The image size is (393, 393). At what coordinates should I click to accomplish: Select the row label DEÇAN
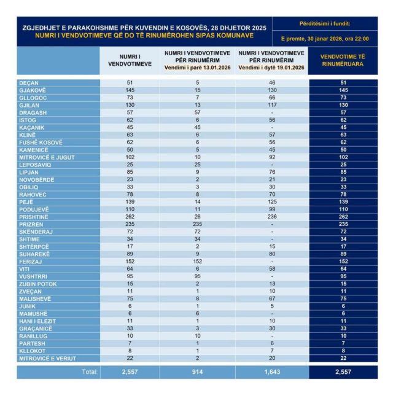28,82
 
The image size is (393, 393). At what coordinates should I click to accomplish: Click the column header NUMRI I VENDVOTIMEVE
130,60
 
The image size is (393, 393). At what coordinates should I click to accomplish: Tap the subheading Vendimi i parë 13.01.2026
198,68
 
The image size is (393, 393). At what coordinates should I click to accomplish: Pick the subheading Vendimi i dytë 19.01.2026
271,68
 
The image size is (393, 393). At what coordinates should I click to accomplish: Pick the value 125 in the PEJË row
271,201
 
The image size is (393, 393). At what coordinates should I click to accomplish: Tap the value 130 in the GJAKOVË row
271,90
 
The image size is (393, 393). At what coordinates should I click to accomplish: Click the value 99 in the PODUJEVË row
271,209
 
